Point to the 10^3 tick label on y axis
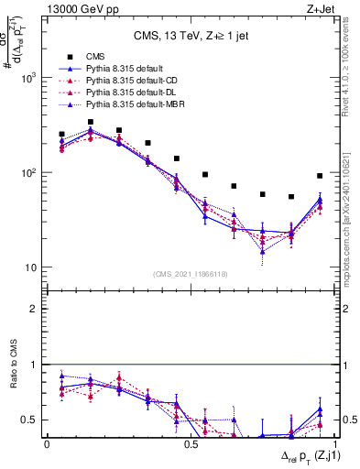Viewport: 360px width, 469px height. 27,78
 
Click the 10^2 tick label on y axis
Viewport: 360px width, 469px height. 27,173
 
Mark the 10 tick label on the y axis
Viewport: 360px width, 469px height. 30,267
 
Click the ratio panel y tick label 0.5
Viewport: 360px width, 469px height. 30,420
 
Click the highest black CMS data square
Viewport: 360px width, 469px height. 90,122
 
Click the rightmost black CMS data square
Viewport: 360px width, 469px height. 320,176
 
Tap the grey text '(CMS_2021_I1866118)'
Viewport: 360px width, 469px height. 190,274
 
